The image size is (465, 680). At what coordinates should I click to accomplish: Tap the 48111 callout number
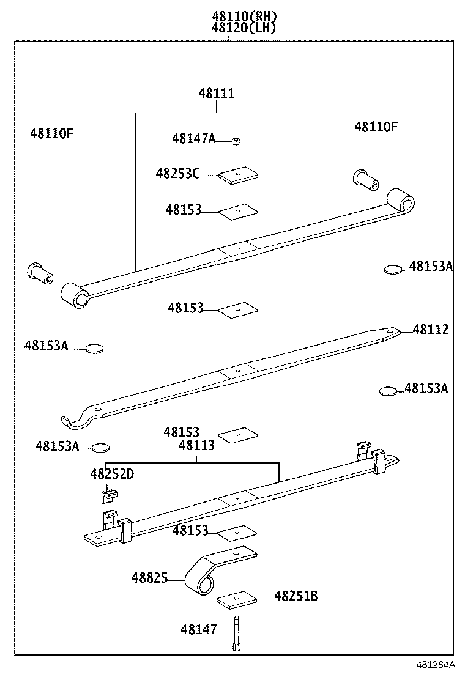coord(217,94)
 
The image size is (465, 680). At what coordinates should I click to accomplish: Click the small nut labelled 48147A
coord(236,141)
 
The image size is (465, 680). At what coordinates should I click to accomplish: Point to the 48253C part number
coord(177,174)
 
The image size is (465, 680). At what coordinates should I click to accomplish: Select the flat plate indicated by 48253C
coord(238,175)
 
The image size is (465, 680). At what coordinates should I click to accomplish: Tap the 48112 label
coord(431,330)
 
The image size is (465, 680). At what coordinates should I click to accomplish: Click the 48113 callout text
coord(196,446)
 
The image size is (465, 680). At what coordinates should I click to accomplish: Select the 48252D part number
coord(111,473)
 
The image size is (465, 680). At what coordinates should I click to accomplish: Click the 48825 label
coord(149,578)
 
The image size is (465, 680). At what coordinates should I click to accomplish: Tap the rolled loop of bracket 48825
coord(200,584)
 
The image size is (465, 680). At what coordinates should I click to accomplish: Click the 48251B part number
coord(296,596)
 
